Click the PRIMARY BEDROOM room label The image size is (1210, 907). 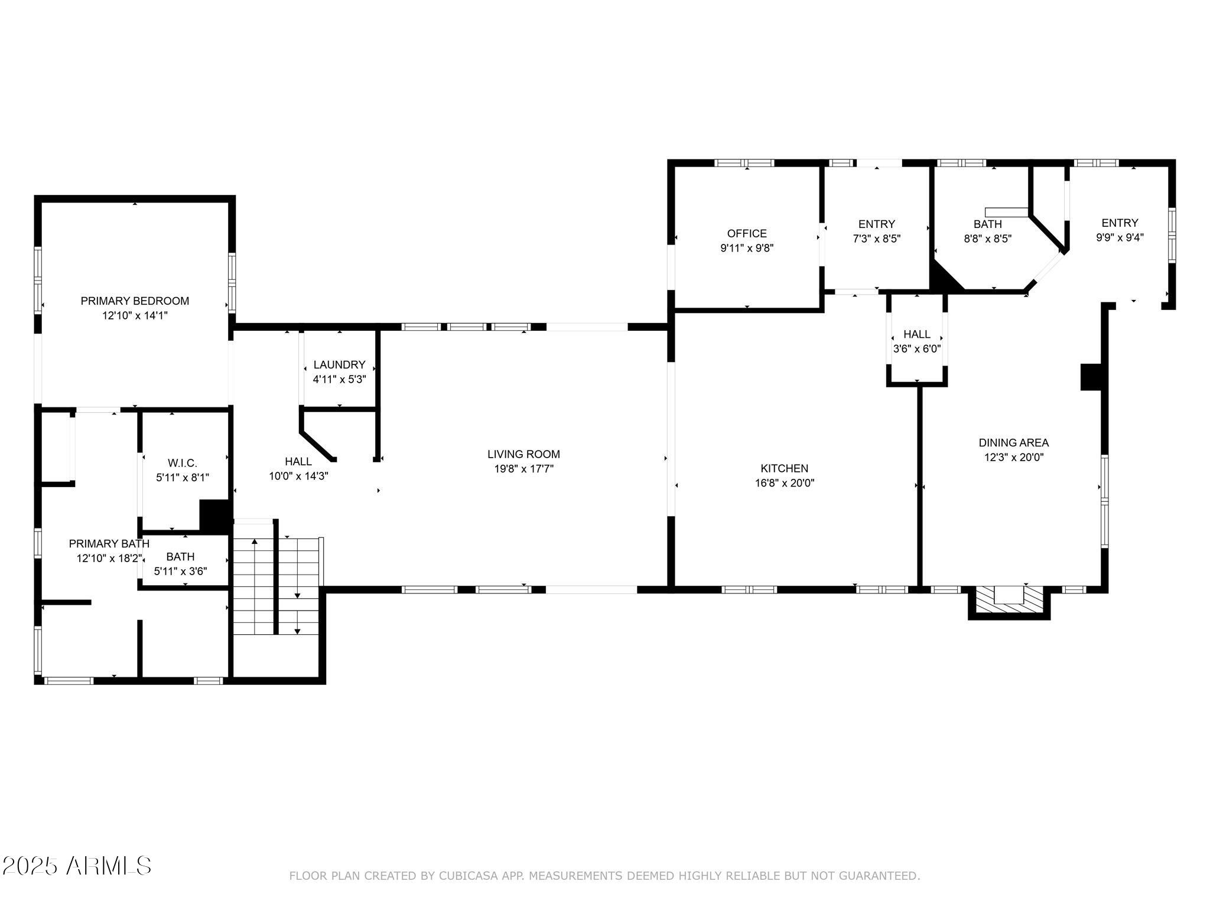[x=135, y=301]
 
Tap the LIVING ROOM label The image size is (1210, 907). [x=523, y=454]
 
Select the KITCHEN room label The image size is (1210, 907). [x=784, y=468]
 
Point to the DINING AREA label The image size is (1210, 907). [x=1014, y=442]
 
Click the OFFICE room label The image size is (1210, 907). [x=747, y=233]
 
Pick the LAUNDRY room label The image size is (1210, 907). [x=339, y=365]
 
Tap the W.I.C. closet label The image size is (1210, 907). [x=183, y=463]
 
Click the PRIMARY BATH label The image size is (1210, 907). [x=109, y=543]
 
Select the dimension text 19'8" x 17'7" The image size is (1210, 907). [x=523, y=469]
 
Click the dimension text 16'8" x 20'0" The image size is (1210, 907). [x=784, y=483]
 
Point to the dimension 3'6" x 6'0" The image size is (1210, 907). [x=917, y=349]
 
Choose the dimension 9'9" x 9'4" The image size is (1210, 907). [x=1120, y=237]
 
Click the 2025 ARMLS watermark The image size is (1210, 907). [x=77, y=866]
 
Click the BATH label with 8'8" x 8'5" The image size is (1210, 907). [x=988, y=224]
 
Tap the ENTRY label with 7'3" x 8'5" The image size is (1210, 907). [x=877, y=224]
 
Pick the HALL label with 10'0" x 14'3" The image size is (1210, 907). [x=298, y=462]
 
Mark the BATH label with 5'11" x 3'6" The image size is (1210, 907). [x=180, y=557]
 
